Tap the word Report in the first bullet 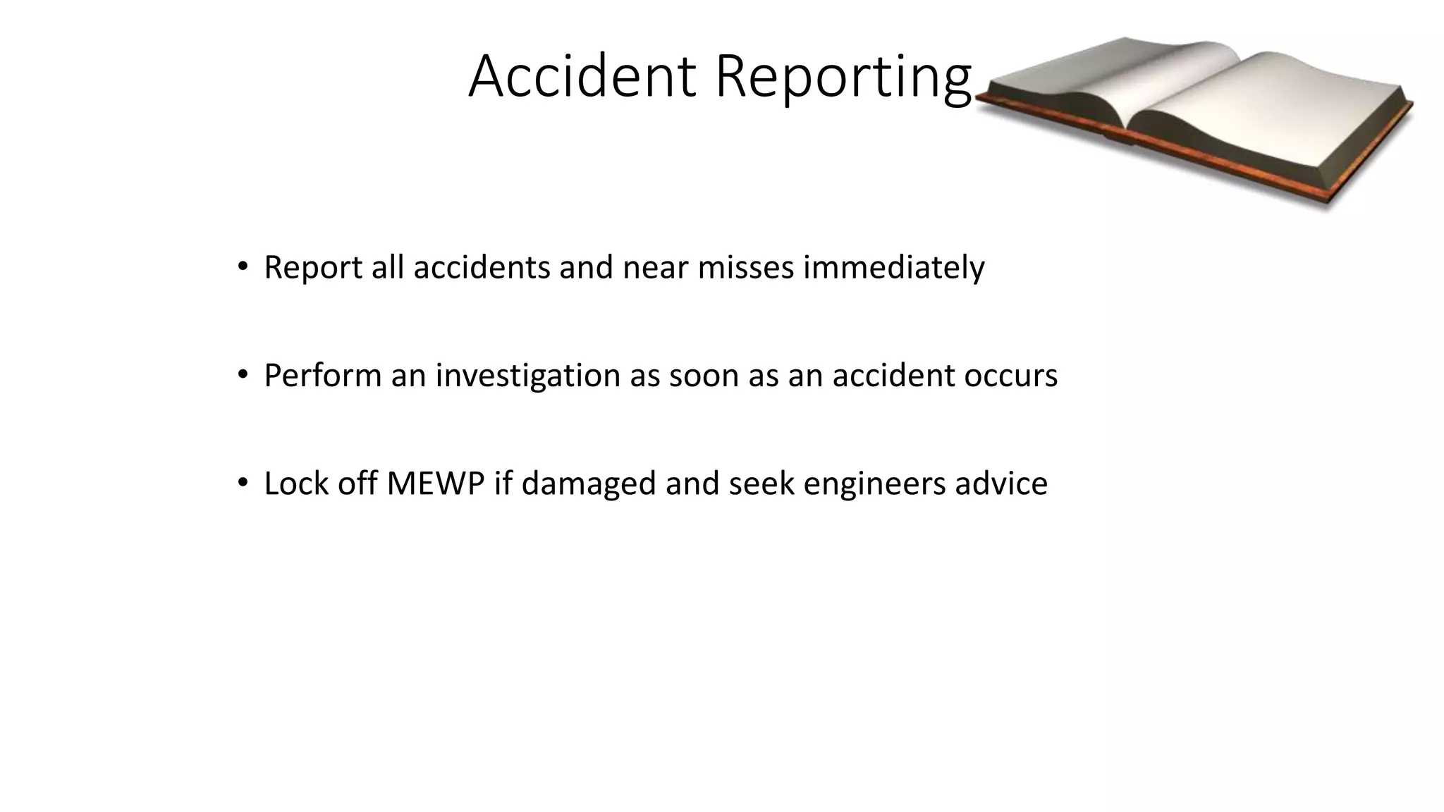pyautogui.click(x=312, y=268)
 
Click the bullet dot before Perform pyautogui.click(x=243, y=375)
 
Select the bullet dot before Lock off pyautogui.click(x=243, y=483)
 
